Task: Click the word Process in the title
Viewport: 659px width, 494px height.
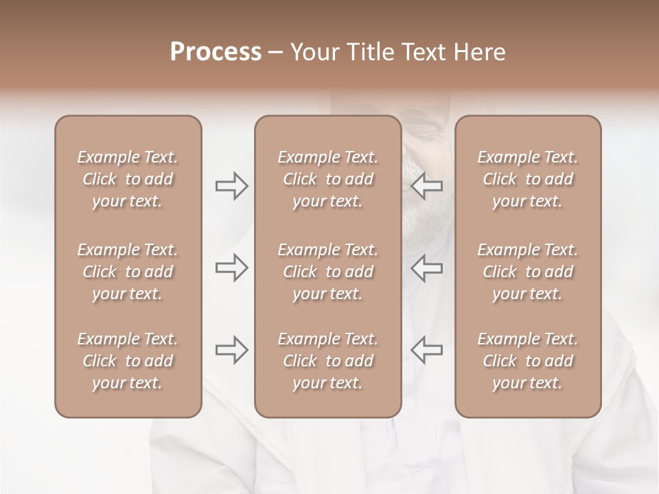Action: pyautogui.click(x=216, y=52)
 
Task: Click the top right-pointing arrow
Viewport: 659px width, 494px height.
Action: pyautogui.click(x=231, y=186)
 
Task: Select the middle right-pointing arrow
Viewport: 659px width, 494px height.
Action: pyautogui.click(x=231, y=268)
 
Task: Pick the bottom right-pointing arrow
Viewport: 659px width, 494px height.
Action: pyautogui.click(x=231, y=350)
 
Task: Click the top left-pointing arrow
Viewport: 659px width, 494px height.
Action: pyautogui.click(x=427, y=186)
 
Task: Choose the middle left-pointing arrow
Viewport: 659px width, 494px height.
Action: pyautogui.click(x=427, y=268)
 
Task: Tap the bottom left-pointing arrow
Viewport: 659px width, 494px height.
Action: pyautogui.click(x=427, y=350)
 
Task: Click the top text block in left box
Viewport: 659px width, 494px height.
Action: pyautogui.click(x=128, y=179)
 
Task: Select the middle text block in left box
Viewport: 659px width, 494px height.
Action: pyautogui.click(x=128, y=272)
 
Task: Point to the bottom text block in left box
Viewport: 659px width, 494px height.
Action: pyautogui.click(x=128, y=361)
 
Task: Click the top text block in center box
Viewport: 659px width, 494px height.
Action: pyautogui.click(x=327, y=179)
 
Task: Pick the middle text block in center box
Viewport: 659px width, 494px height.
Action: pyautogui.click(x=327, y=272)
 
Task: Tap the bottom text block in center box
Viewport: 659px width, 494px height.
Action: pyautogui.click(x=327, y=361)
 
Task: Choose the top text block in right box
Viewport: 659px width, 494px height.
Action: pyautogui.click(x=527, y=179)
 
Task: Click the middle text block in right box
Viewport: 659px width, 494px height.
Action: pyautogui.click(x=527, y=272)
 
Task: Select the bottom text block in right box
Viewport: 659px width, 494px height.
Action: pyautogui.click(x=527, y=361)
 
